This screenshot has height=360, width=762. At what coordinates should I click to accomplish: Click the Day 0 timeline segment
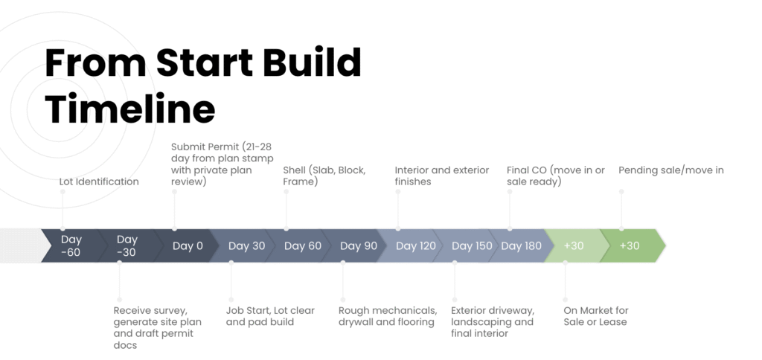point(188,246)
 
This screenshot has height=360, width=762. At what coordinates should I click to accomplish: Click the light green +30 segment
point(577,246)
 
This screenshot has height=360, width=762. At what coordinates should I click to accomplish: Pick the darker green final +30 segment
point(632,246)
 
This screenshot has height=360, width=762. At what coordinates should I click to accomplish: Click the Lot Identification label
point(99,181)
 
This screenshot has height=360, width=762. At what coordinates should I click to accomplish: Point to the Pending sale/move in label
point(671,170)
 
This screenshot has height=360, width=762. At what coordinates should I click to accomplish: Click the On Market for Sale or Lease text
point(596,316)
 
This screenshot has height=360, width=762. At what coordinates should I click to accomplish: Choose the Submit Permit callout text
point(222,164)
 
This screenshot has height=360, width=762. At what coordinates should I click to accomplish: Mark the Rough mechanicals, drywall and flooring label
point(388,316)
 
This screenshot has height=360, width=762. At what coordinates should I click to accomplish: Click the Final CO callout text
point(556,176)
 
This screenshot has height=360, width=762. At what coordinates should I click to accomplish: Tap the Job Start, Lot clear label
point(270,316)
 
